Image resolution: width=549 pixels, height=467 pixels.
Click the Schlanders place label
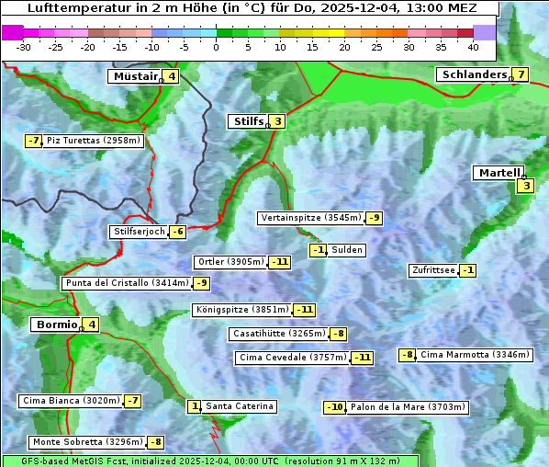click(474, 74)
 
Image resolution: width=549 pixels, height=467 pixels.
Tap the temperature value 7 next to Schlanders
click(521, 74)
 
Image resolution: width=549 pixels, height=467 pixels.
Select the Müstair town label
click(134, 76)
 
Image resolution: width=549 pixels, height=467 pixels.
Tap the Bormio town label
click(56, 325)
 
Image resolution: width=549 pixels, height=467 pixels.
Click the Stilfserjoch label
click(139, 232)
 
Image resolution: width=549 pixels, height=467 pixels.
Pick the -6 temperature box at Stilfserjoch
click(177, 232)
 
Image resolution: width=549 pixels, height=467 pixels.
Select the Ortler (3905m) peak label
click(231, 262)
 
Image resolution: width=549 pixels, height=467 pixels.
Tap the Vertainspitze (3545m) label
click(310, 218)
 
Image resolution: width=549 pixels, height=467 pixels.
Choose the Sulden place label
click(347, 250)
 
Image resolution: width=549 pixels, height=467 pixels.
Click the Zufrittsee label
click(433, 270)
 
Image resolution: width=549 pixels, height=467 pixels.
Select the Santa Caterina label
click(239, 406)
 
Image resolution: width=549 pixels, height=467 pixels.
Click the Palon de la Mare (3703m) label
click(408, 407)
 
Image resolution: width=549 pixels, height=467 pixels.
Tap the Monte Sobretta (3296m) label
click(88, 442)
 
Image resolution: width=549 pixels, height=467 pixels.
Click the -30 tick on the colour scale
click(24, 46)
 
